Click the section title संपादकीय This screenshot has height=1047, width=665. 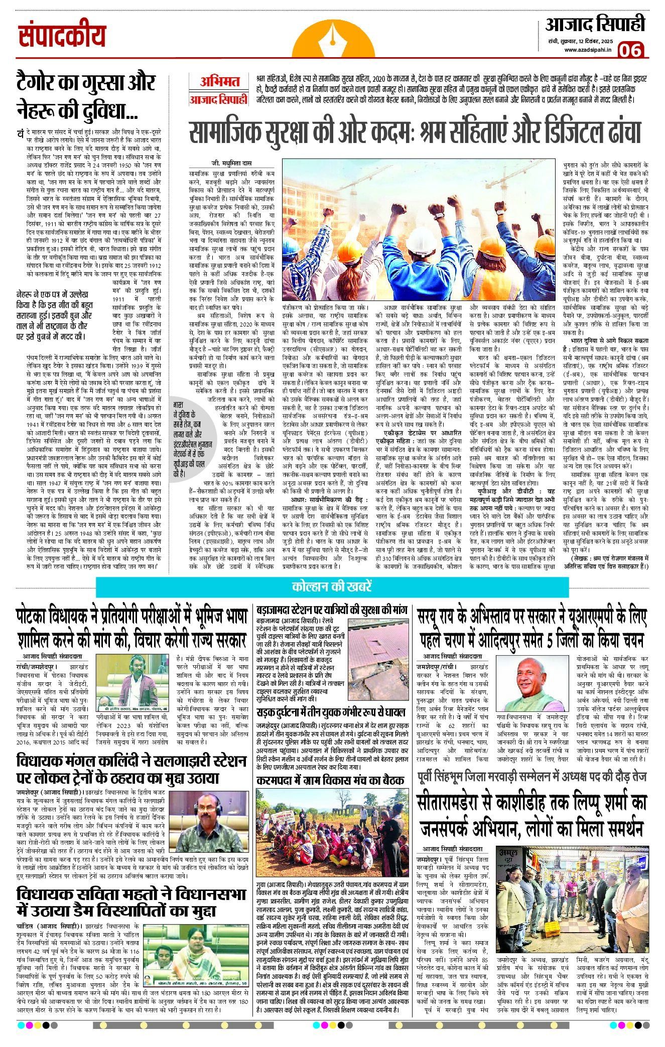(x=63, y=36)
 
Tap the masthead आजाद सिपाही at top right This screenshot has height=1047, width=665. (x=595, y=25)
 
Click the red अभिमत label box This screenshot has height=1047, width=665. (x=219, y=81)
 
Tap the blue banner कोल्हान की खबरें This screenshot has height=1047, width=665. (x=332, y=586)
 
